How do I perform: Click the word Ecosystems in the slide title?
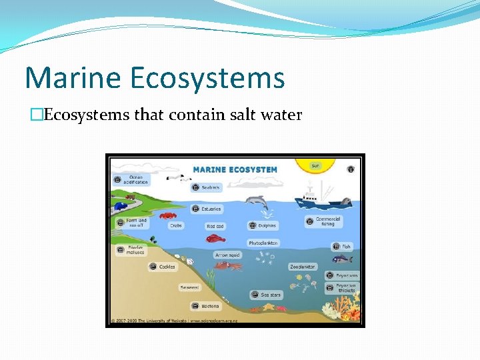(x=207, y=77)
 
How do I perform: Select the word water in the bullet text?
(x=283, y=115)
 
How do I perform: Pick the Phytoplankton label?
(x=263, y=243)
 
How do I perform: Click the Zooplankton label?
(x=302, y=267)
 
